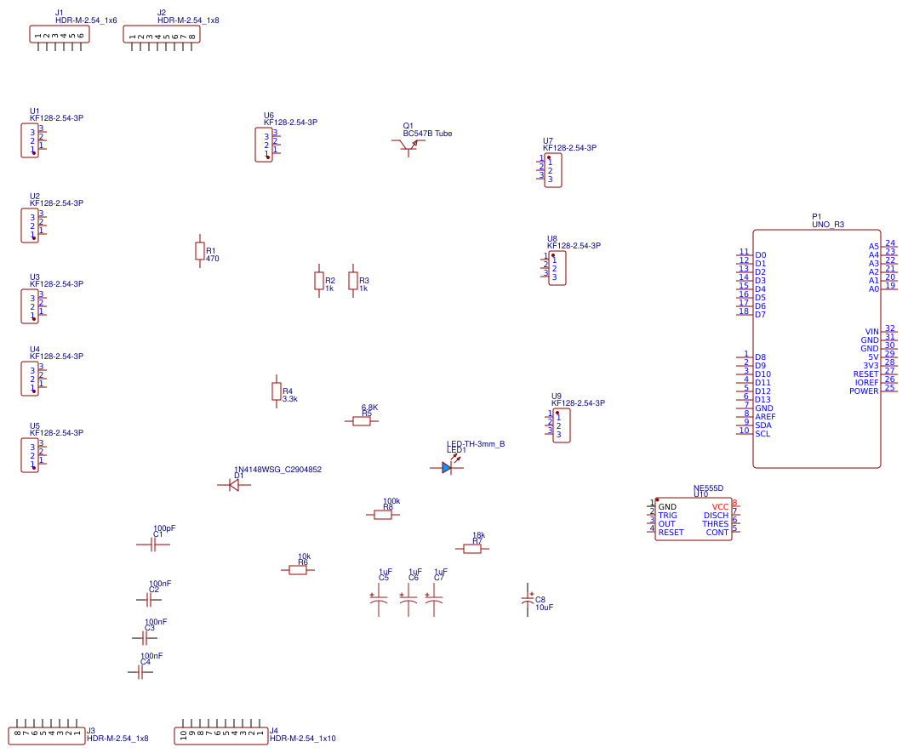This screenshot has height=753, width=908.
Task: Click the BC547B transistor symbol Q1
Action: (x=410, y=145)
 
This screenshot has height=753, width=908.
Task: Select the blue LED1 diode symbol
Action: (x=447, y=467)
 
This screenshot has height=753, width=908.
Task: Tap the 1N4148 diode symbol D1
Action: (x=233, y=484)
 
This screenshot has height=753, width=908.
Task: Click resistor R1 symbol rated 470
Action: (x=200, y=250)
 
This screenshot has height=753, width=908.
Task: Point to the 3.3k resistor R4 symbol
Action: (x=276, y=391)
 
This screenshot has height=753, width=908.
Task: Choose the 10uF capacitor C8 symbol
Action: (x=527, y=602)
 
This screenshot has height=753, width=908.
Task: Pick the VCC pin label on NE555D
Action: (x=720, y=507)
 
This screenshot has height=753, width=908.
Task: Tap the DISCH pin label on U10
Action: (x=716, y=516)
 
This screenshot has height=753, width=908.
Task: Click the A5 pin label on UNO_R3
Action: (x=873, y=247)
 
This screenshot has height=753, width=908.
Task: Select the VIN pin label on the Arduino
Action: (x=871, y=332)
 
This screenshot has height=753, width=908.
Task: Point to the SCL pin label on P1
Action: (x=762, y=434)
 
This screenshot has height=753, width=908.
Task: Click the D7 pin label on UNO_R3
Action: (x=760, y=315)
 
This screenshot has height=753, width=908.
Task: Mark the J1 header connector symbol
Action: (x=60, y=35)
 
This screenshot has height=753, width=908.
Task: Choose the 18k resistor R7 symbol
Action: (x=472, y=549)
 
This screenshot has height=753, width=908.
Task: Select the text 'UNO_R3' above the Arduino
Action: (x=828, y=225)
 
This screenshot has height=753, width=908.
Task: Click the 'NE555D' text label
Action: (x=708, y=488)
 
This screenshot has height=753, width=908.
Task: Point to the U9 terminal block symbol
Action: (x=562, y=425)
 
